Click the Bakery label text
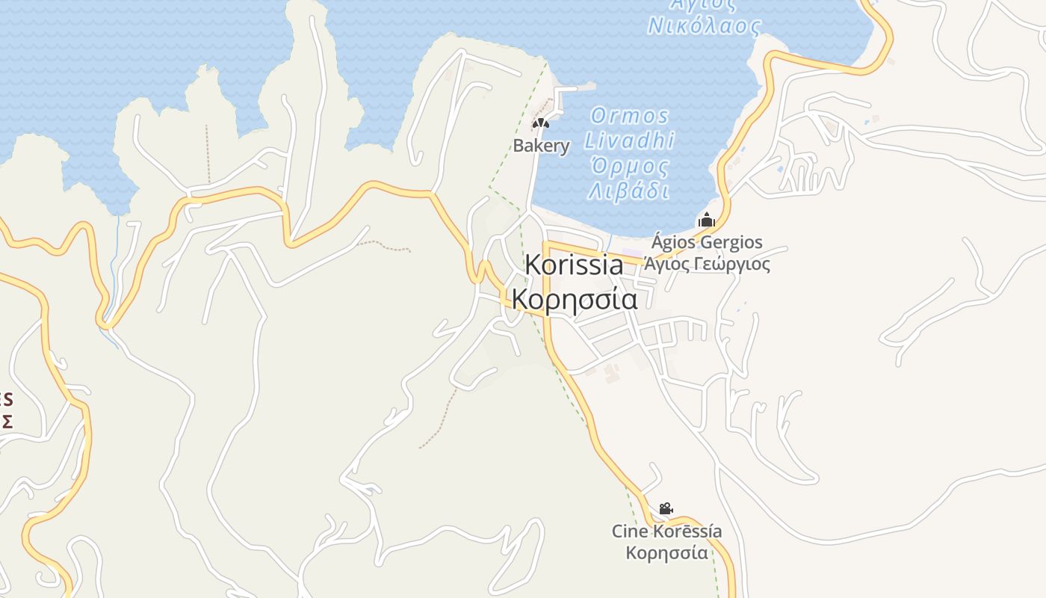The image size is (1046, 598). (x=541, y=146)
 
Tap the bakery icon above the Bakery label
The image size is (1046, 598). (x=540, y=123)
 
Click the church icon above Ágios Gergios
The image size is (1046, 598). (x=706, y=220)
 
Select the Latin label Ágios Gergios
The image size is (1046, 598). (x=707, y=242)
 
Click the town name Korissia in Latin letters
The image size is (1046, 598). (x=574, y=265)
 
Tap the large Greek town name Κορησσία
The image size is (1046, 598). (x=574, y=300)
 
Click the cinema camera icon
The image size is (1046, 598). (x=666, y=509)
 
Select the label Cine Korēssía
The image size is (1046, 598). (x=666, y=531)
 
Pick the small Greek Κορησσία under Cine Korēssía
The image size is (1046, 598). (x=666, y=553)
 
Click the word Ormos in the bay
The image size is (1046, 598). (x=630, y=116)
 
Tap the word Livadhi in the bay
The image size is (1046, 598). (x=629, y=141)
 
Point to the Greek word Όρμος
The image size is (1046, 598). (x=629, y=166)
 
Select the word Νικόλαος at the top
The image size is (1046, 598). (x=704, y=26)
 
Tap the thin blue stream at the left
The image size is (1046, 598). (x=114, y=254)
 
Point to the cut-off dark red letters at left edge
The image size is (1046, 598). (x=6, y=410)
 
